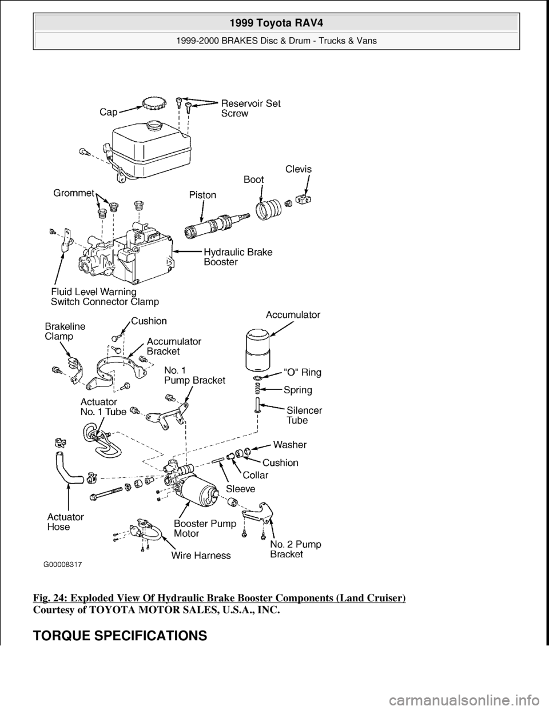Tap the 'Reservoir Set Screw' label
[250, 108]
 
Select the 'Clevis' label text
[300, 169]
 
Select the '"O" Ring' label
[303, 373]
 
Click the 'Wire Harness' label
[203, 555]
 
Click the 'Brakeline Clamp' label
[65, 332]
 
